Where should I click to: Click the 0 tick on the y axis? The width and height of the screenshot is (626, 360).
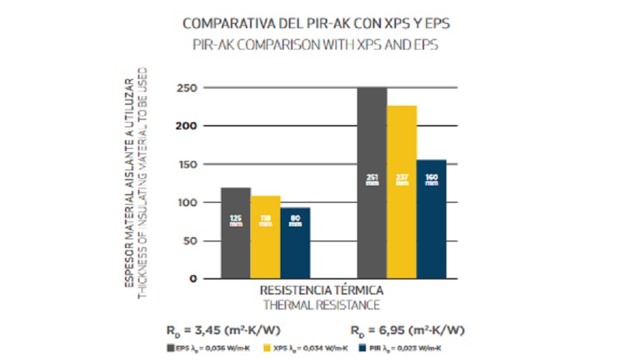point(193,279)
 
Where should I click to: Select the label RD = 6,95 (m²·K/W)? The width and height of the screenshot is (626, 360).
point(407,331)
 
